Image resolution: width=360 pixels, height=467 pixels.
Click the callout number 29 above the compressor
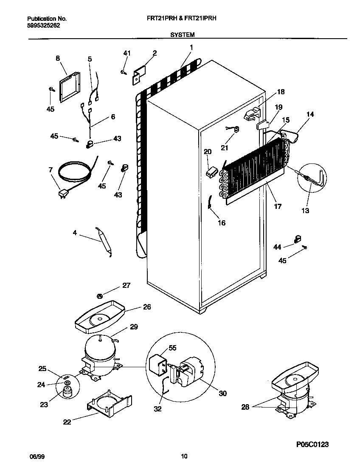(134, 327)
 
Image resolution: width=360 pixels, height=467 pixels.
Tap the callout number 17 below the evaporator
(278, 207)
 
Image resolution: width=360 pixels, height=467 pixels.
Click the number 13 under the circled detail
(305, 211)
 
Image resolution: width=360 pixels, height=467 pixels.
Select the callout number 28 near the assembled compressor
(245, 408)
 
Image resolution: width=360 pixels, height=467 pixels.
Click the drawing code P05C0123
(313, 444)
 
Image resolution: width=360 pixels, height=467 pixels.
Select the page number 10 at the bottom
(184, 457)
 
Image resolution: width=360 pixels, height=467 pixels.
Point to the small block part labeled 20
(211, 172)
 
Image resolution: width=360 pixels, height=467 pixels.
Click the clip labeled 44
(298, 239)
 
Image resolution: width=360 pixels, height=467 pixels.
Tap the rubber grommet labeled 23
(67, 392)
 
